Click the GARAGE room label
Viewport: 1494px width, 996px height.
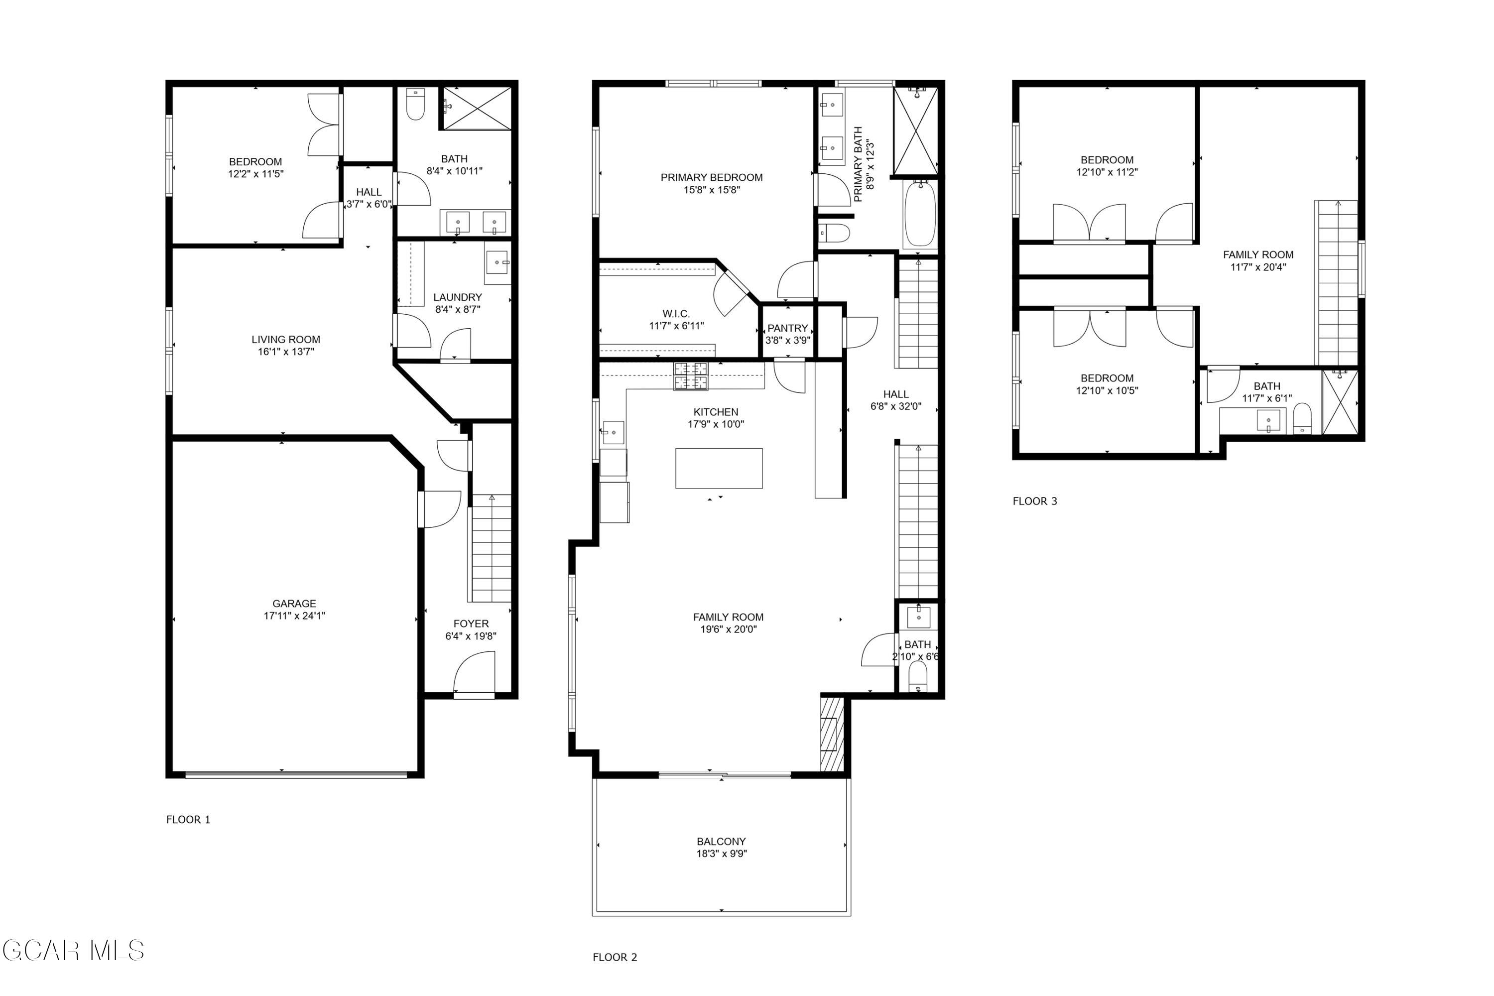click(294, 604)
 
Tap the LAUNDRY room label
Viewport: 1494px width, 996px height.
click(457, 297)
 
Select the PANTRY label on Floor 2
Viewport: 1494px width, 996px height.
click(788, 328)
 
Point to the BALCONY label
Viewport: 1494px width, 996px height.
click(721, 841)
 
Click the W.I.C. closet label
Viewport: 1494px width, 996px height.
click(676, 314)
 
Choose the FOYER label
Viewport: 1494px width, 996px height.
click(471, 624)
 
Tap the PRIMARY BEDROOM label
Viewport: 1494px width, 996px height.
click(712, 177)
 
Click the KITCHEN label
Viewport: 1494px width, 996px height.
click(716, 412)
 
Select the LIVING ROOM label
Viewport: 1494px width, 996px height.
click(286, 339)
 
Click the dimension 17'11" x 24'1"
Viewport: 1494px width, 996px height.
click(294, 616)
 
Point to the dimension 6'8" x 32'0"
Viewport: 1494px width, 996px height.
click(895, 406)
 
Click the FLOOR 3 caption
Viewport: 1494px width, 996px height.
click(1035, 501)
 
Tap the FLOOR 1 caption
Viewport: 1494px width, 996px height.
click(188, 819)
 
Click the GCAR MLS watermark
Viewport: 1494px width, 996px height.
click(73, 951)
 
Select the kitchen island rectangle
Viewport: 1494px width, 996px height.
click(719, 468)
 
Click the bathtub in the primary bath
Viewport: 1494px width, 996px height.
click(919, 214)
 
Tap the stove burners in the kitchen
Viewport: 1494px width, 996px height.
click(690, 375)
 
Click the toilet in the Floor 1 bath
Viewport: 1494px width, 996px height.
click(415, 104)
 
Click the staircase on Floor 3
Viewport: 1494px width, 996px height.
click(1337, 283)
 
